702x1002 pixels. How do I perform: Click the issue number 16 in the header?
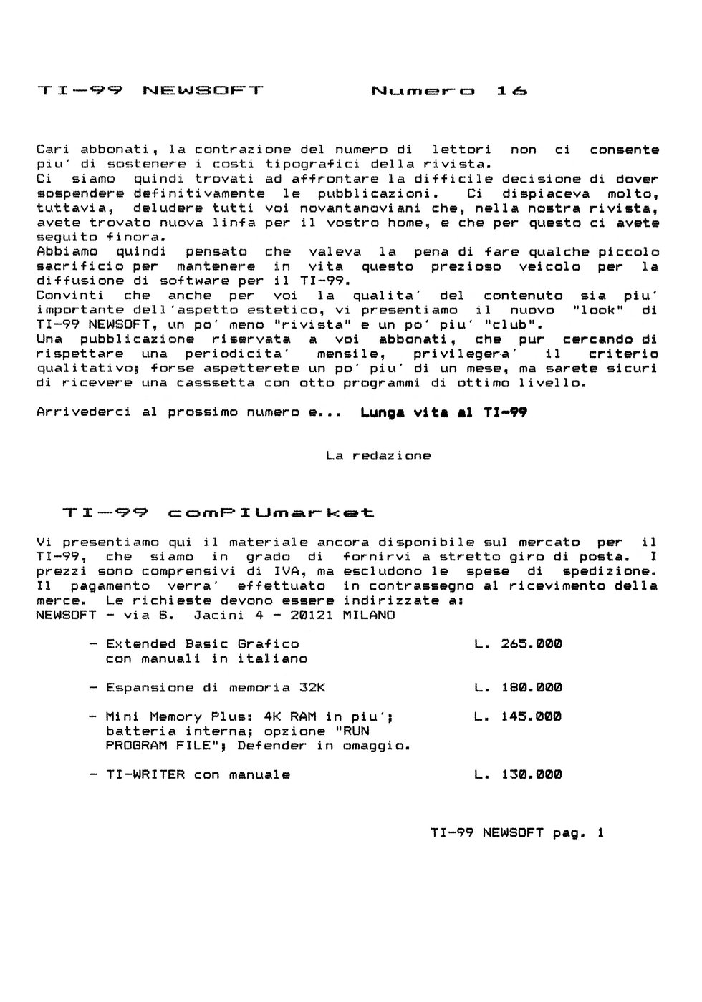click(x=511, y=91)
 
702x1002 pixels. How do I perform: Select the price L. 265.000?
click(x=518, y=644)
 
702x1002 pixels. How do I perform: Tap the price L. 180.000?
click(x=518, y=688)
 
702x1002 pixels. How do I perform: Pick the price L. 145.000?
click(x=518, y=716)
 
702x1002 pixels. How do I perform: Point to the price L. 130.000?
click(x=518, y=774)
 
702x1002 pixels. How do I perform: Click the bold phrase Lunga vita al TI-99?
click(x=443, y=412)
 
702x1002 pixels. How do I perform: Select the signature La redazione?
click(x=378, y=456)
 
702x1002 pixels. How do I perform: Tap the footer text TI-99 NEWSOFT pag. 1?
click(x=517, y=832)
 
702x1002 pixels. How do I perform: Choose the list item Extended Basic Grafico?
click(x=202, y=644)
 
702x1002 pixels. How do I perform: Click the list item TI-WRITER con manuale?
click(x=198, y=774)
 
